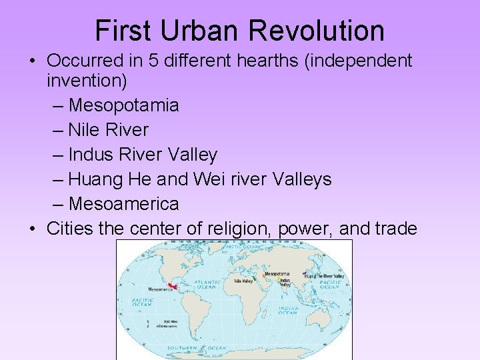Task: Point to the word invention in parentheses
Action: [85, 81]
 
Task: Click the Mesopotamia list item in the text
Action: [123, 105]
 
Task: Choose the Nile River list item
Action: [108, 130]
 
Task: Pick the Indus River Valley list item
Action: [143, 155]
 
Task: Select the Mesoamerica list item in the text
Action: [123, 203]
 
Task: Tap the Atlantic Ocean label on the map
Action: [206, 285]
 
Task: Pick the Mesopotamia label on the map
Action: [277, 274]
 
